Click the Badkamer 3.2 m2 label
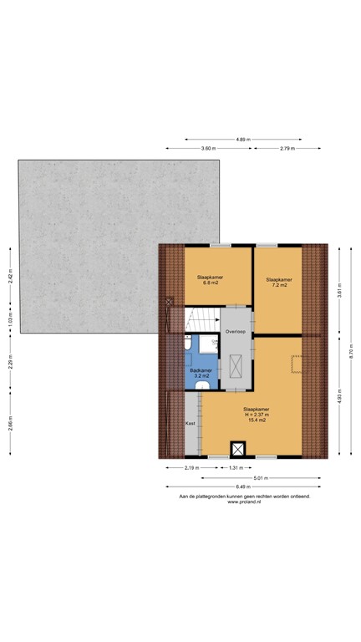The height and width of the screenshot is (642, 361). click(x=201, y=373)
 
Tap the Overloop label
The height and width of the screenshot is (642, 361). click(x=236, y=332)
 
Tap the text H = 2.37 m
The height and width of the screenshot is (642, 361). click(x=257, y=414)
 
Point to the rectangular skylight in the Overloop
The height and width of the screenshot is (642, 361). click(x=236, y=367)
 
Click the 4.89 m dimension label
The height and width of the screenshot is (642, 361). click(x=242, y=139)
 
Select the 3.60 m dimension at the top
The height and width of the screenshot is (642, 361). click(x=207, y=148)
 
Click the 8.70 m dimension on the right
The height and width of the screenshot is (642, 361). click(x=352, y=352)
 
